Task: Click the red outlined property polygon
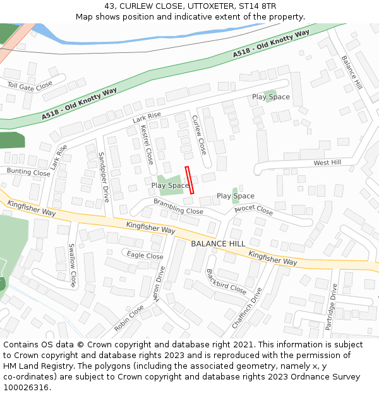tap(189, 180)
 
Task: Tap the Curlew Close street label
tap(199, 135)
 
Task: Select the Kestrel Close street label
tap(147, 144)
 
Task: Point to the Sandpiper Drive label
tap(104, 176)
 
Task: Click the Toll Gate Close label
tap(30, 86)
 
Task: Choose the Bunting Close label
tap(28, 172)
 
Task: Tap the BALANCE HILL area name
tap(218, 244)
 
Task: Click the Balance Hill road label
tap(351, 71)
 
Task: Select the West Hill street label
tap(327, 163)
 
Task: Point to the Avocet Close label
tap(253, 210)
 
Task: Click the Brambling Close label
tap(178, 207)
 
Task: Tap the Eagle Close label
tap(145, 255)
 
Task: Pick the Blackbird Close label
tap(226, 281)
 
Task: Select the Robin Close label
tap(129, 319)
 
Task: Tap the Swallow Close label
tap(72, 265)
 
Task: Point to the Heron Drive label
tap(160, 283)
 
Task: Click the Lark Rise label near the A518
tap(147, 117)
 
